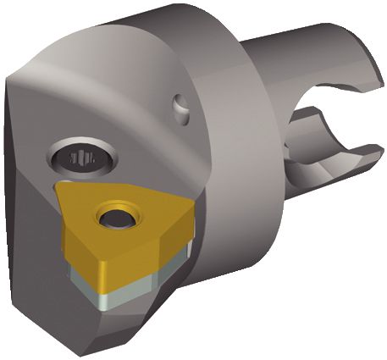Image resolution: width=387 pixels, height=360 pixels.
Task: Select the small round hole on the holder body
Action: pos(181,107)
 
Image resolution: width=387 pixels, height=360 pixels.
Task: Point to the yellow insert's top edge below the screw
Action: pos(119,185)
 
